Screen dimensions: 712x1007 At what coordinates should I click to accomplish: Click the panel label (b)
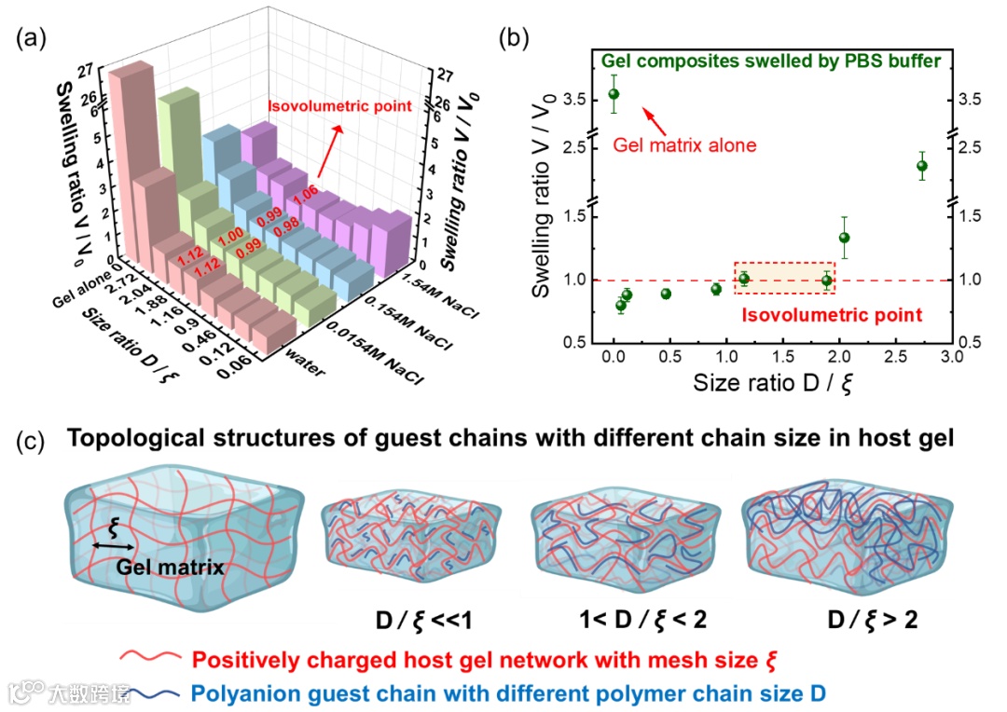tap(515, 38)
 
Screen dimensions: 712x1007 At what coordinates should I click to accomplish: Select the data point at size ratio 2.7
tap(921, 166)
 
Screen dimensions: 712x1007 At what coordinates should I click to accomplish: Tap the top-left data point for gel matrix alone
tap(614, 94)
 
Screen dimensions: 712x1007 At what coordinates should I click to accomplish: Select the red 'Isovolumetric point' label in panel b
tap(832, 315)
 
